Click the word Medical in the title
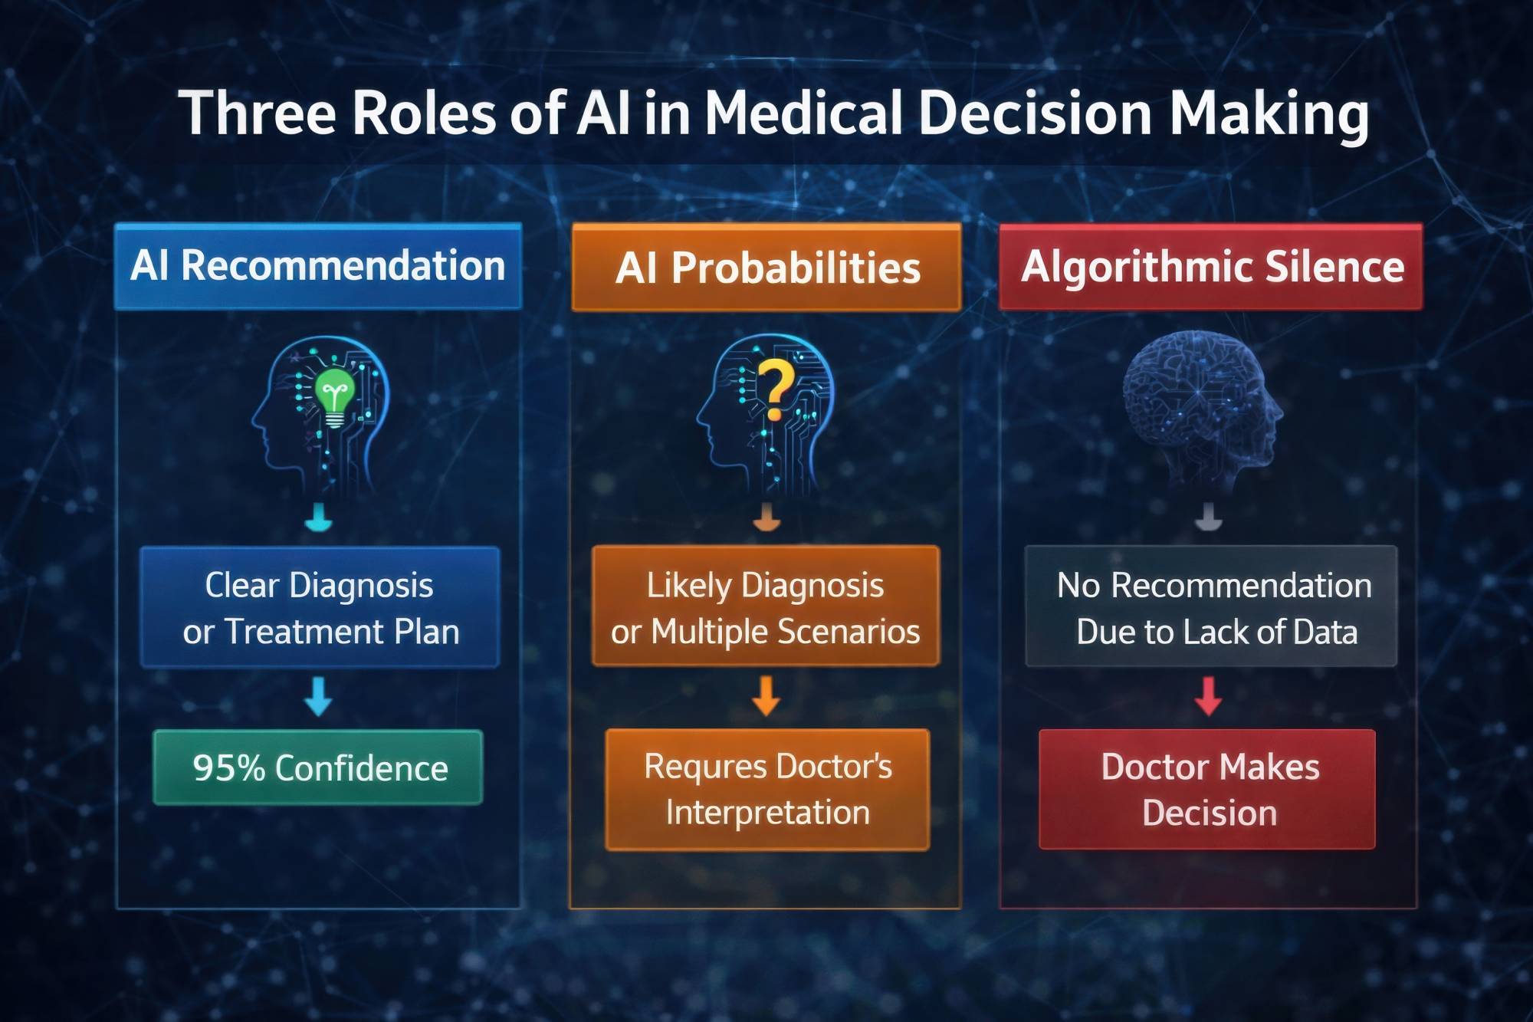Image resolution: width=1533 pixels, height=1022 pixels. [x=803, y=113]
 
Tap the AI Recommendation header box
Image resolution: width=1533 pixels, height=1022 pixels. [x=318, y=267]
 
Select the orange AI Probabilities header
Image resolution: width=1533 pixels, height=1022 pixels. [x=766, y=268]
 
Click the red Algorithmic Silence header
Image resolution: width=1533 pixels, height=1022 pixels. [x=1211, y=267]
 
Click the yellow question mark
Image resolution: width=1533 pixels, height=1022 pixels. [x=776, y=389]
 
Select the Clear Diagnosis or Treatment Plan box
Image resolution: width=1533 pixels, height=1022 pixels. [x=320, y=606]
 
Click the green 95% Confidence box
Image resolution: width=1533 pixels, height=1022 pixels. [x=318, y=767]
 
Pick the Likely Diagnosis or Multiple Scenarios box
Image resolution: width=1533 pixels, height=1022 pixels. [x=766, y=606]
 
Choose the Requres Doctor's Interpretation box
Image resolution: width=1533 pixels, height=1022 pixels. [x=767, y=790]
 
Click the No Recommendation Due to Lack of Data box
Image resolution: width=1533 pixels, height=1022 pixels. [x=1211, y=606]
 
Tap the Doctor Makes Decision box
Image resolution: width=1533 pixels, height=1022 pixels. [x=1207, y=789]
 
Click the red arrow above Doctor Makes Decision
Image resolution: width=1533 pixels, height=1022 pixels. [x=1209, y=695]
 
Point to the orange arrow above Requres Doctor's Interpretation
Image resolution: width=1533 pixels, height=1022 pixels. [x=766, y=695]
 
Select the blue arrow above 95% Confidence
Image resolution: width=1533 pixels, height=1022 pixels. [x=318, y=696]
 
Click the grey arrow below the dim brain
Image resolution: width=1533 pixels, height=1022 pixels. [x=1209, y=517]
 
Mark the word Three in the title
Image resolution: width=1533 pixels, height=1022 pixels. [x=258, y=113]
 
